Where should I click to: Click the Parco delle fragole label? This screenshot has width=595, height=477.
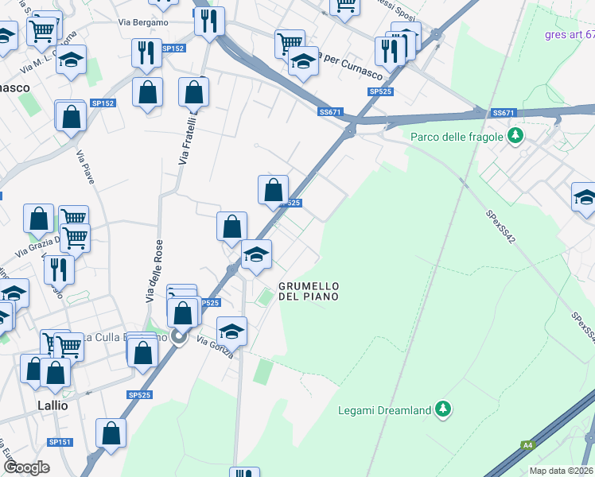pos(457,137)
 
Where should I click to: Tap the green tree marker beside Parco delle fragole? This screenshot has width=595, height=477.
pos(515,136)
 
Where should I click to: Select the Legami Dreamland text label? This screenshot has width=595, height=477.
pos(395,410)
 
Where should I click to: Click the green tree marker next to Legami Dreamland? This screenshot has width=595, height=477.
pos(444,410)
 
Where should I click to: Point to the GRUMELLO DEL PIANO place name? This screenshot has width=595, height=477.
pos(309,291)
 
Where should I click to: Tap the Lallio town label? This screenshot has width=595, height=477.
pos(53,405)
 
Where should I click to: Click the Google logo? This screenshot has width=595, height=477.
pos(26,467)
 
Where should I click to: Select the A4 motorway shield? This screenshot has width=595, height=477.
pos(527,445)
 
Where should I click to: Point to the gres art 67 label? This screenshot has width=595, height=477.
pos(570,34)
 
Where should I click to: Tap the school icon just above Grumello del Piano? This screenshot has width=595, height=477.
pos(256,255)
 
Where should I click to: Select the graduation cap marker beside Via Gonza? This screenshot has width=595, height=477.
pos(231,330)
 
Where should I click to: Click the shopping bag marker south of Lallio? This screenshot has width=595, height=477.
pos(111,433)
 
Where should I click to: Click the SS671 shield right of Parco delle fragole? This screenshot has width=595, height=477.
pos(504,113)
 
